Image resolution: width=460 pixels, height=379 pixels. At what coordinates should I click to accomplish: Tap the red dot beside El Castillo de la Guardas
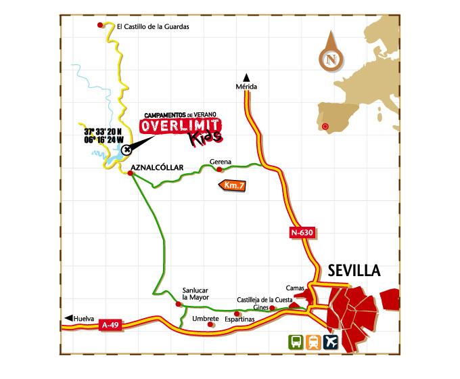point(101,26)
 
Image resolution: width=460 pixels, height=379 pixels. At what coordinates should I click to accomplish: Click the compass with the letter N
point(331,59)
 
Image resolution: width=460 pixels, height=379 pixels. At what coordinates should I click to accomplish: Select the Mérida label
point(246,87)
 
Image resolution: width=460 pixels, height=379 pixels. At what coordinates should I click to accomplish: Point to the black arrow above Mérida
point(246,76)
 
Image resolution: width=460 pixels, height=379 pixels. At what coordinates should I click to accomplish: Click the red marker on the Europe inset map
point(326,126)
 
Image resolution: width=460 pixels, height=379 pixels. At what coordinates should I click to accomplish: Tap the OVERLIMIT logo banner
point(179,126)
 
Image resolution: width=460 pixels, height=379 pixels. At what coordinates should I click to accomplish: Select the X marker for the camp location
point(127,150)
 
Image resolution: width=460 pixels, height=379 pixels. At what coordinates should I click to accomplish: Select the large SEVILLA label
point(354,271)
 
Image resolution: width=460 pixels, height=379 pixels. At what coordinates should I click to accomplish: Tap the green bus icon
point(296,342)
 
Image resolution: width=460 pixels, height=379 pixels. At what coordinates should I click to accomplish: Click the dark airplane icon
point(330,342)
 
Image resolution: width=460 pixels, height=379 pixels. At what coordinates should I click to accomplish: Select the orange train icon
point(313,342)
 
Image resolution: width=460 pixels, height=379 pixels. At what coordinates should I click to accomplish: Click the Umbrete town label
point(205,317)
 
